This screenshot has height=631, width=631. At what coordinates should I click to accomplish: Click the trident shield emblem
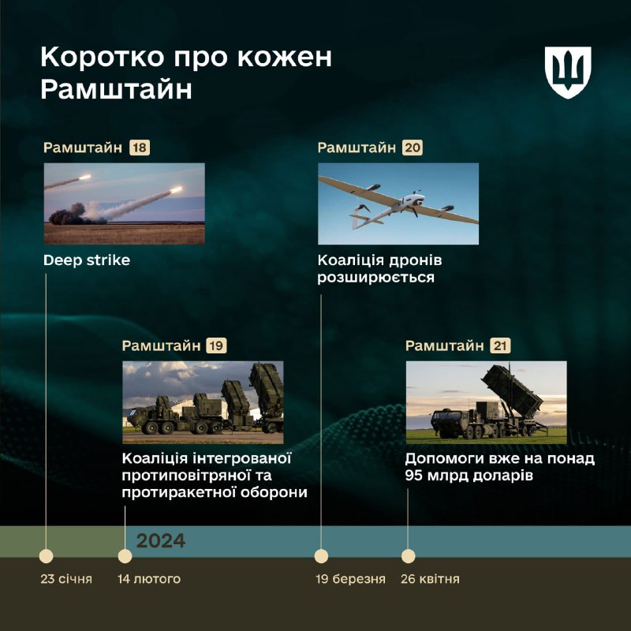568,73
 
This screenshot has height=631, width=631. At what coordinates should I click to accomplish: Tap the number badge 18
140,147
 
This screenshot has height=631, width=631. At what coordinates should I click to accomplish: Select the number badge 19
216,345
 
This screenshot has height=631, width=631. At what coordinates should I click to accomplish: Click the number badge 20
412,147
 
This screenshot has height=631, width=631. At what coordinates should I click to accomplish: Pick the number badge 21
500,345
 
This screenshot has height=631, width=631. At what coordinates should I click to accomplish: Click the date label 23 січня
66,579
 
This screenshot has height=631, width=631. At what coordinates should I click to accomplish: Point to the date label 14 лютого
149,579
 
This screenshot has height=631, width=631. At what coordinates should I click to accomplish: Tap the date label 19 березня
350,579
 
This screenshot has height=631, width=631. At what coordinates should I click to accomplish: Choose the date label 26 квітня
430,579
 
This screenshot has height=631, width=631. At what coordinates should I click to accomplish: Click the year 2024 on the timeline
161,541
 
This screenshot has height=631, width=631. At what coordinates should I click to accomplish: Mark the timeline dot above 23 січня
46,556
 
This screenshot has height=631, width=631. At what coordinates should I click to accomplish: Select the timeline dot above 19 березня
321,556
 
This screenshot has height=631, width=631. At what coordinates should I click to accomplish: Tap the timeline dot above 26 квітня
408,556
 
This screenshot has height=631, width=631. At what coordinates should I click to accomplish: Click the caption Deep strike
87,260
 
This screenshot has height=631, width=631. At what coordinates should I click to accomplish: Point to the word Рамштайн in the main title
116,89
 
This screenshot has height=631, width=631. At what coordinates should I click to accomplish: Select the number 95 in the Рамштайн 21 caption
413,476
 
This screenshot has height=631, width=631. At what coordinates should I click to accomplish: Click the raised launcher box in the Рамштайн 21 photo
512,391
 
